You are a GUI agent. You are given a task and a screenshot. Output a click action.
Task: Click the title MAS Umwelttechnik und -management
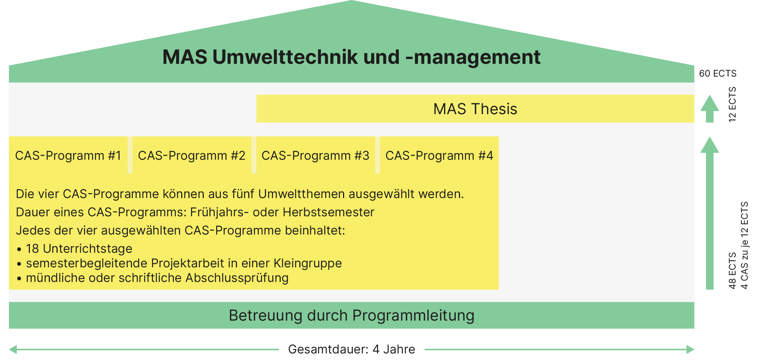[x=351, y=57]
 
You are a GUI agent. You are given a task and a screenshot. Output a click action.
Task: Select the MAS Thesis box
[x=475, y=109]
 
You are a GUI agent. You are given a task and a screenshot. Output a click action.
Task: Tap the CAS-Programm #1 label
[x=68, y=156]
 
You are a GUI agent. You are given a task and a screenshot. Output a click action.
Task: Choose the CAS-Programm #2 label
[x=191, y=156]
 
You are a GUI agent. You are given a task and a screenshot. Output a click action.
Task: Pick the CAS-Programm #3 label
[x=315, y=156]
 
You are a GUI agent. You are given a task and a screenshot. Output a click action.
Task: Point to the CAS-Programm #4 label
[x=439, y=156]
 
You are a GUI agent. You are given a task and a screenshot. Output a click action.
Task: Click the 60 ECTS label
[x=717, y=73]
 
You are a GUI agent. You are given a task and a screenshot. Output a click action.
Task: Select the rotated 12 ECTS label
[x=732, y=104]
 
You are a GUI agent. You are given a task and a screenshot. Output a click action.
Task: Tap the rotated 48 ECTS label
[x=732, y=271]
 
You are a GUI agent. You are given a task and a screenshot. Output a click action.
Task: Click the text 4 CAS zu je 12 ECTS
[x=744, y=245]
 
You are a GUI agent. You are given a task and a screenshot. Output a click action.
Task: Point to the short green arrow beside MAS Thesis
[x=709, y=109]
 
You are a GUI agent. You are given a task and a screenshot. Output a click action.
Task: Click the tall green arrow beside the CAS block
[x=709, y=213]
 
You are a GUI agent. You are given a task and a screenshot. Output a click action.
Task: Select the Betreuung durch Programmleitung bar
[x=351, y=315]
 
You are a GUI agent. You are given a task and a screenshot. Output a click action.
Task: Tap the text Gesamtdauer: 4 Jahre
[x=351, y=349]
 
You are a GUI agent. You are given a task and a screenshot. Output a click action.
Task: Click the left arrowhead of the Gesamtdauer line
[x=13, y=349]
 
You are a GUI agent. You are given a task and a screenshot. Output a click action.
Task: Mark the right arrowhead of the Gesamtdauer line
[x=690, y=349]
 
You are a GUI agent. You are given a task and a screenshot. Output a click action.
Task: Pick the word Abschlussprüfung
[x=237, y=278]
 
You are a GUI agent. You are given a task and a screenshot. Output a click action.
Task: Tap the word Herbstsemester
[x=328, y=212]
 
